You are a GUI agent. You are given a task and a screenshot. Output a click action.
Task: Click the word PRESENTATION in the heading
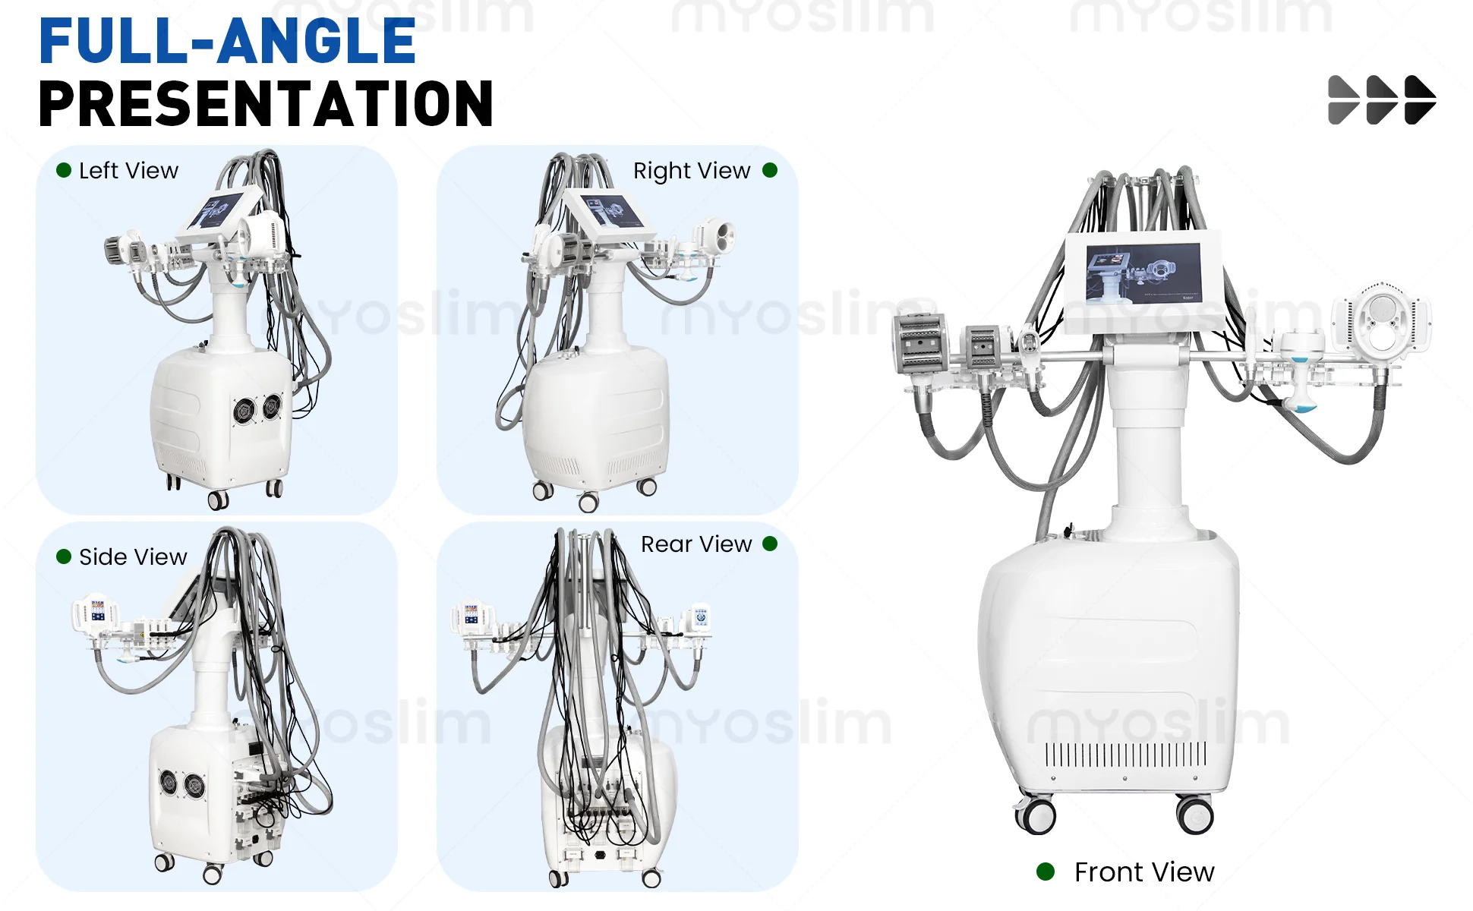tap(266, 104)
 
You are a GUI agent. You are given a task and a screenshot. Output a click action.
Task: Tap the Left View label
tap(128, 171)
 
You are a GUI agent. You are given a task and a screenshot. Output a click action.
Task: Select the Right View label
tap(692, 172)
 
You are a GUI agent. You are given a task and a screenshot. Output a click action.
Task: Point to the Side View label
tap(133, 557)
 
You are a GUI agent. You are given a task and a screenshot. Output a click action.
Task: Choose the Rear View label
tap(696, 544)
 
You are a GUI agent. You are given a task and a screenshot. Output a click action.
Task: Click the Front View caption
tap(1144, 872)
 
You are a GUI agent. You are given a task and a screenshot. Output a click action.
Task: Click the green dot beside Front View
tap(1046, 872)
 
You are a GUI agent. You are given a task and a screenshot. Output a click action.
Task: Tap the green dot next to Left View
tap(64, 171)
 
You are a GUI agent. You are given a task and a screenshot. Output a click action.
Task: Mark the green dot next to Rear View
tap(770, 544)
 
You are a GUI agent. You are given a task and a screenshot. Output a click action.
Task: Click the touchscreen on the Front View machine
tap(1144, 274)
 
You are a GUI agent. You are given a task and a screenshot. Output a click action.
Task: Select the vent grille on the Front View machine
tap(1125, 755)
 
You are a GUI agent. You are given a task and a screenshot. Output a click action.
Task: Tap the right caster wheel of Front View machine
tap(1195, 815)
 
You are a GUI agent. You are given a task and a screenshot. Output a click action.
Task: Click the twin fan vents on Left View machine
tap(257, 409)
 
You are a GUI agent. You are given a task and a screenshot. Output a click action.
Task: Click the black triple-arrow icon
tap(1382, 99)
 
